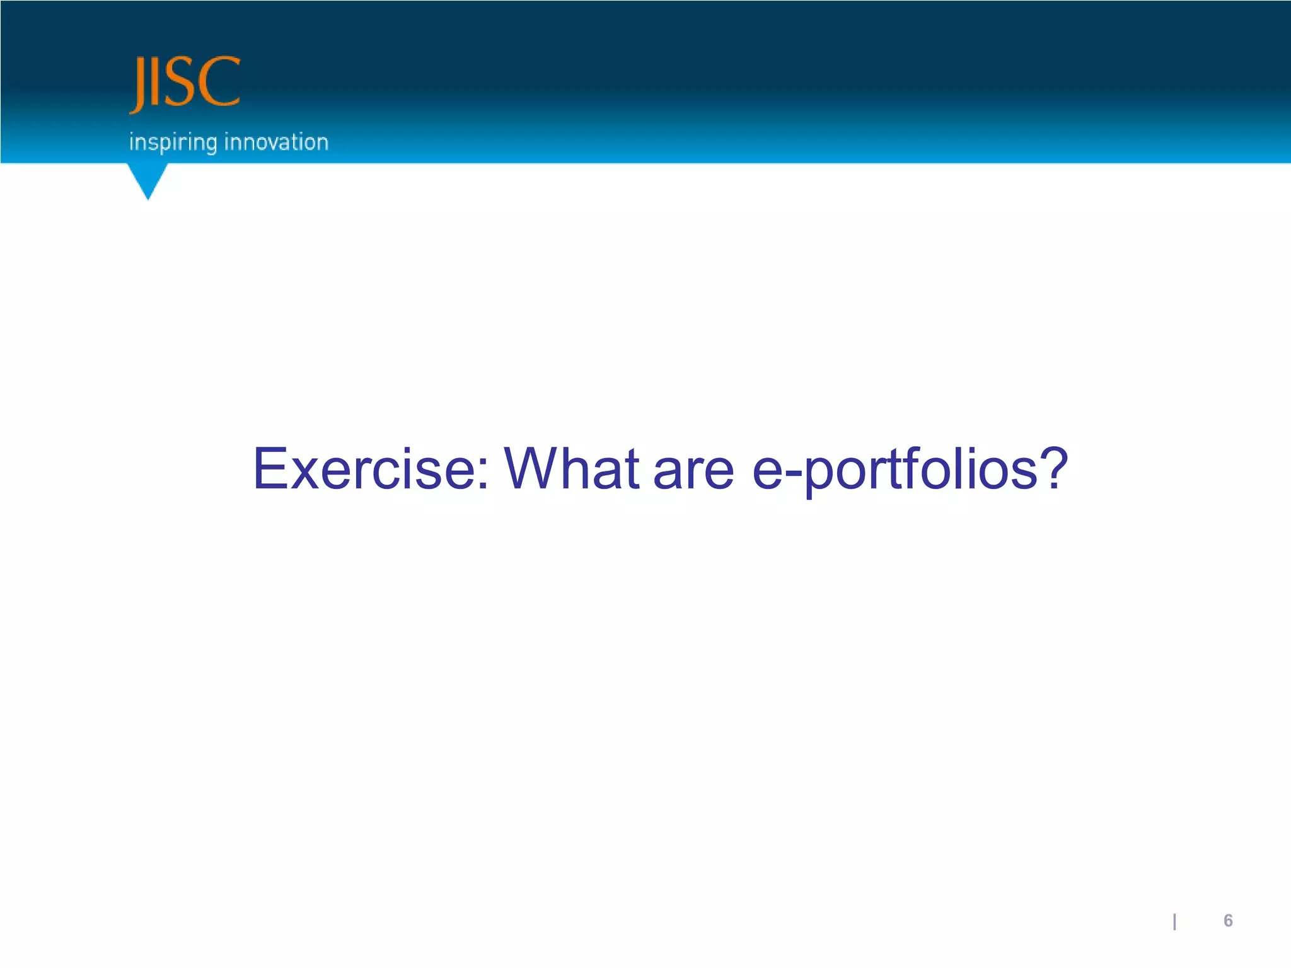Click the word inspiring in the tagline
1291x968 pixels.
[173, 142]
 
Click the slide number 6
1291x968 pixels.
[1228, 921]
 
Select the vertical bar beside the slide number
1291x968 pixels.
[1174, 922]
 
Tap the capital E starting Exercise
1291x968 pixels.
[270, 469]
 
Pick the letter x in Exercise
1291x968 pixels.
[305, 474]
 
